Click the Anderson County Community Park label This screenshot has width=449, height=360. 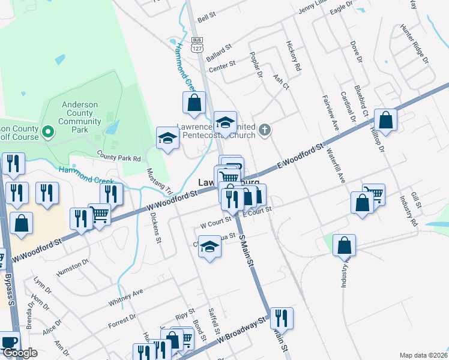80,117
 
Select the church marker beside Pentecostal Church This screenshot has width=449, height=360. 266,130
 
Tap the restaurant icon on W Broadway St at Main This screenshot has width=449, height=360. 281,319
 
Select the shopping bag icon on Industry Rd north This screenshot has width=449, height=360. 385,120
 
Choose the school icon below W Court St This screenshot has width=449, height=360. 209,247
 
